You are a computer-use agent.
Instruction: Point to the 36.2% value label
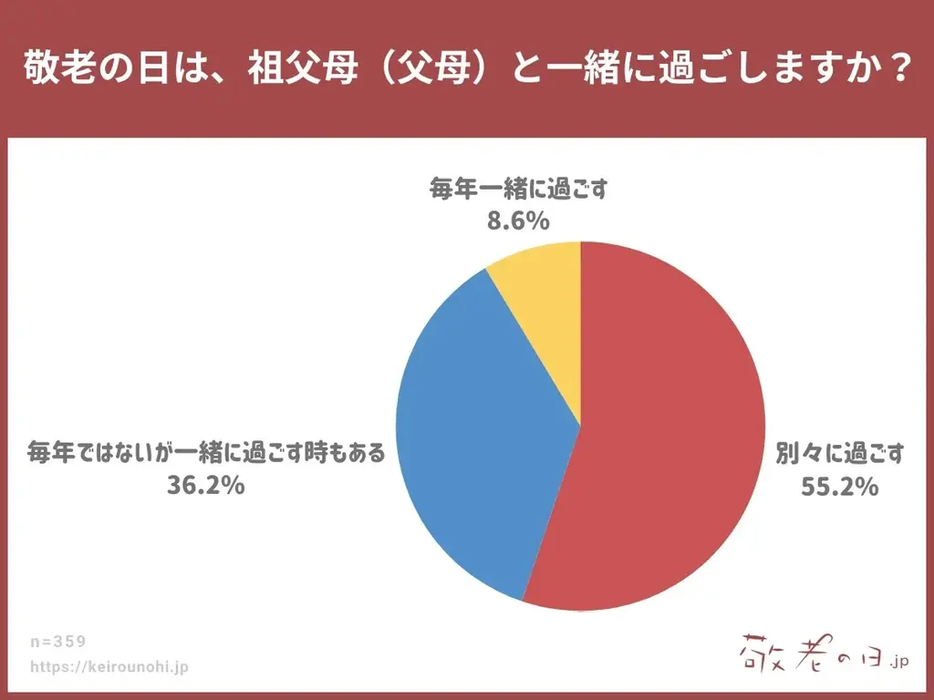(205, 485)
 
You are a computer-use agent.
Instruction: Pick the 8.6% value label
(518, 221)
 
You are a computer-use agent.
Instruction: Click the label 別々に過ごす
(839, 452)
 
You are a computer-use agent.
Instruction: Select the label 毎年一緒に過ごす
(518, 190)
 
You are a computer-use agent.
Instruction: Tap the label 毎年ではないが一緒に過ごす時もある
(206, 451)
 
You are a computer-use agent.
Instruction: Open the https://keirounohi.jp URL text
(109, 667)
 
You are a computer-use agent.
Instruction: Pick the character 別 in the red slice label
(787, 452)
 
